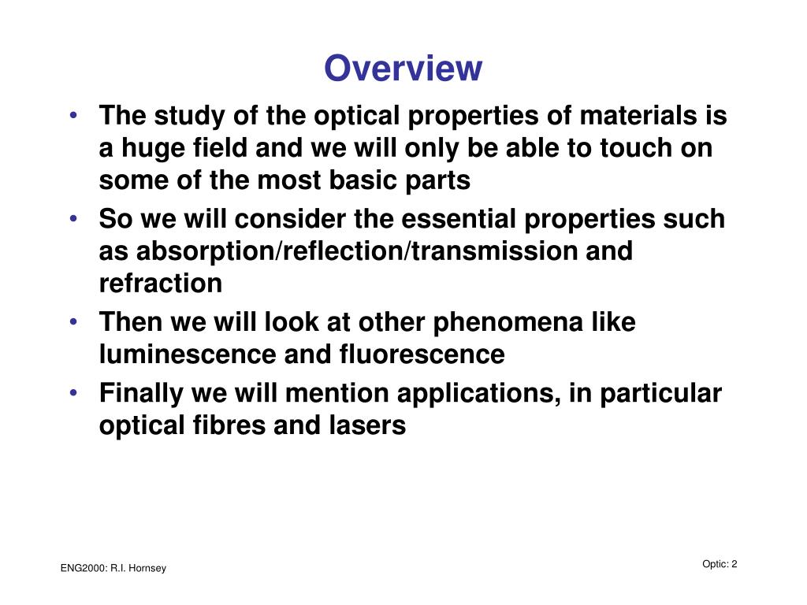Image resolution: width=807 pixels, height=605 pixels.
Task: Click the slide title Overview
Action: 403,69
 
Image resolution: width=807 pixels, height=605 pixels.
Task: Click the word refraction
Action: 160,283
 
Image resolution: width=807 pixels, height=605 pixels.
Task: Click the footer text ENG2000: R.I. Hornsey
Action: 113,569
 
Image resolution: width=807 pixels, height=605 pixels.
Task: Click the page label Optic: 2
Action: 720,563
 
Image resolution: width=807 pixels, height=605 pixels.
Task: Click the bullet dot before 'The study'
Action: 73,115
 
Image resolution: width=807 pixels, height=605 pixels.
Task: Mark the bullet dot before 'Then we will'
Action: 73,321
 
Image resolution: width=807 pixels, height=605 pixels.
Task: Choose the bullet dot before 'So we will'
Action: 73,218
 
